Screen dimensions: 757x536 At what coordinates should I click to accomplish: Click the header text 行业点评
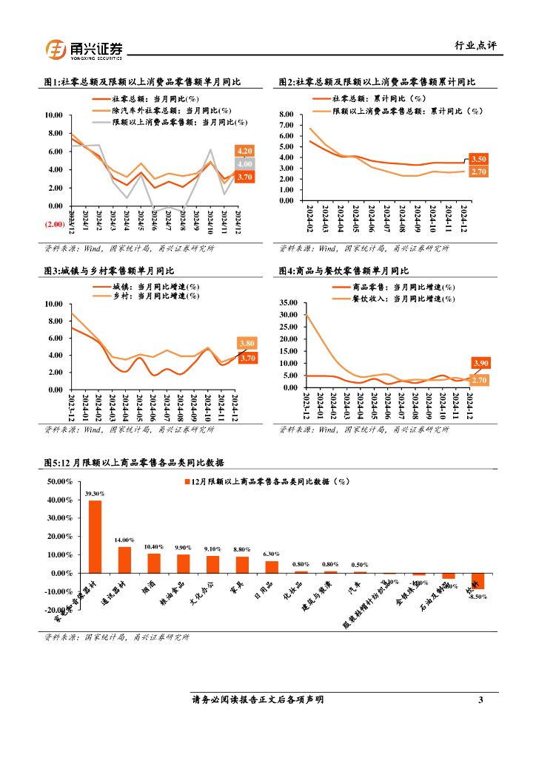[x=475, y=45]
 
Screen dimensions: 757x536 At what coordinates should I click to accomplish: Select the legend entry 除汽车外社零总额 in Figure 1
[x=155, y=109]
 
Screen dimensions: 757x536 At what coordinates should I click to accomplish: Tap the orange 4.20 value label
[x=245, y=151]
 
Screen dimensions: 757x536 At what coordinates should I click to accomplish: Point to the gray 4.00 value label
[x=245, y=164]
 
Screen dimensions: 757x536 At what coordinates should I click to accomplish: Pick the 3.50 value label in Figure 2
[x=478, y=159]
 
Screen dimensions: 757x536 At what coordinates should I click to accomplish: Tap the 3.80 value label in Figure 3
[x=247, y=343]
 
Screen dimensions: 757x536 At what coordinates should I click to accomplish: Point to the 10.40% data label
[x=154, y=546]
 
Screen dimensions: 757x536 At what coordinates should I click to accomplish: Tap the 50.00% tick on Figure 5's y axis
[x=59, y=481]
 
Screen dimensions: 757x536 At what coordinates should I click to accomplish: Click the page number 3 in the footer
[x=480, y=699]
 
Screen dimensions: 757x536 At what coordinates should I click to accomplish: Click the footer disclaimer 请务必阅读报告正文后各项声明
[x=258, y=699]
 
